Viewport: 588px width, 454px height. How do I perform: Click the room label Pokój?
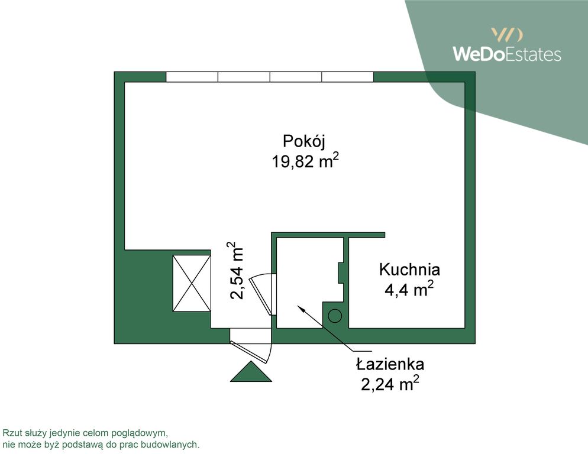(305, 142)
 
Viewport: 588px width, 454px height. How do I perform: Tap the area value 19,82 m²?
(305, 161)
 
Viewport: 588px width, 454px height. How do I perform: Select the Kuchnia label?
(409, 270)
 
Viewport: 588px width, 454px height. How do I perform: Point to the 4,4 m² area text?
(409, 290)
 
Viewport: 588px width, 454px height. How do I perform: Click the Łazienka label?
(390, 364)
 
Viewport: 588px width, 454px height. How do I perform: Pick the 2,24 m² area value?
(390, 384)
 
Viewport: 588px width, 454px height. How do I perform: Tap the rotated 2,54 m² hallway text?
(236, 270)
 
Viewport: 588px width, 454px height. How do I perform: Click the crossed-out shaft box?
(192, 283)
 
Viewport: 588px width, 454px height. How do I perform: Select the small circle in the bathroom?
(335, 316)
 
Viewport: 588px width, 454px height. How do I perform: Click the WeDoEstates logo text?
(506, 54)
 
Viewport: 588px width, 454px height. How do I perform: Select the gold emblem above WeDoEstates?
(506, 34)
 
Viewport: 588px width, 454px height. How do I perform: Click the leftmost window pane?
(192, 77)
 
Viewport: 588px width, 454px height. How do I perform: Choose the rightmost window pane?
(348, 77)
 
